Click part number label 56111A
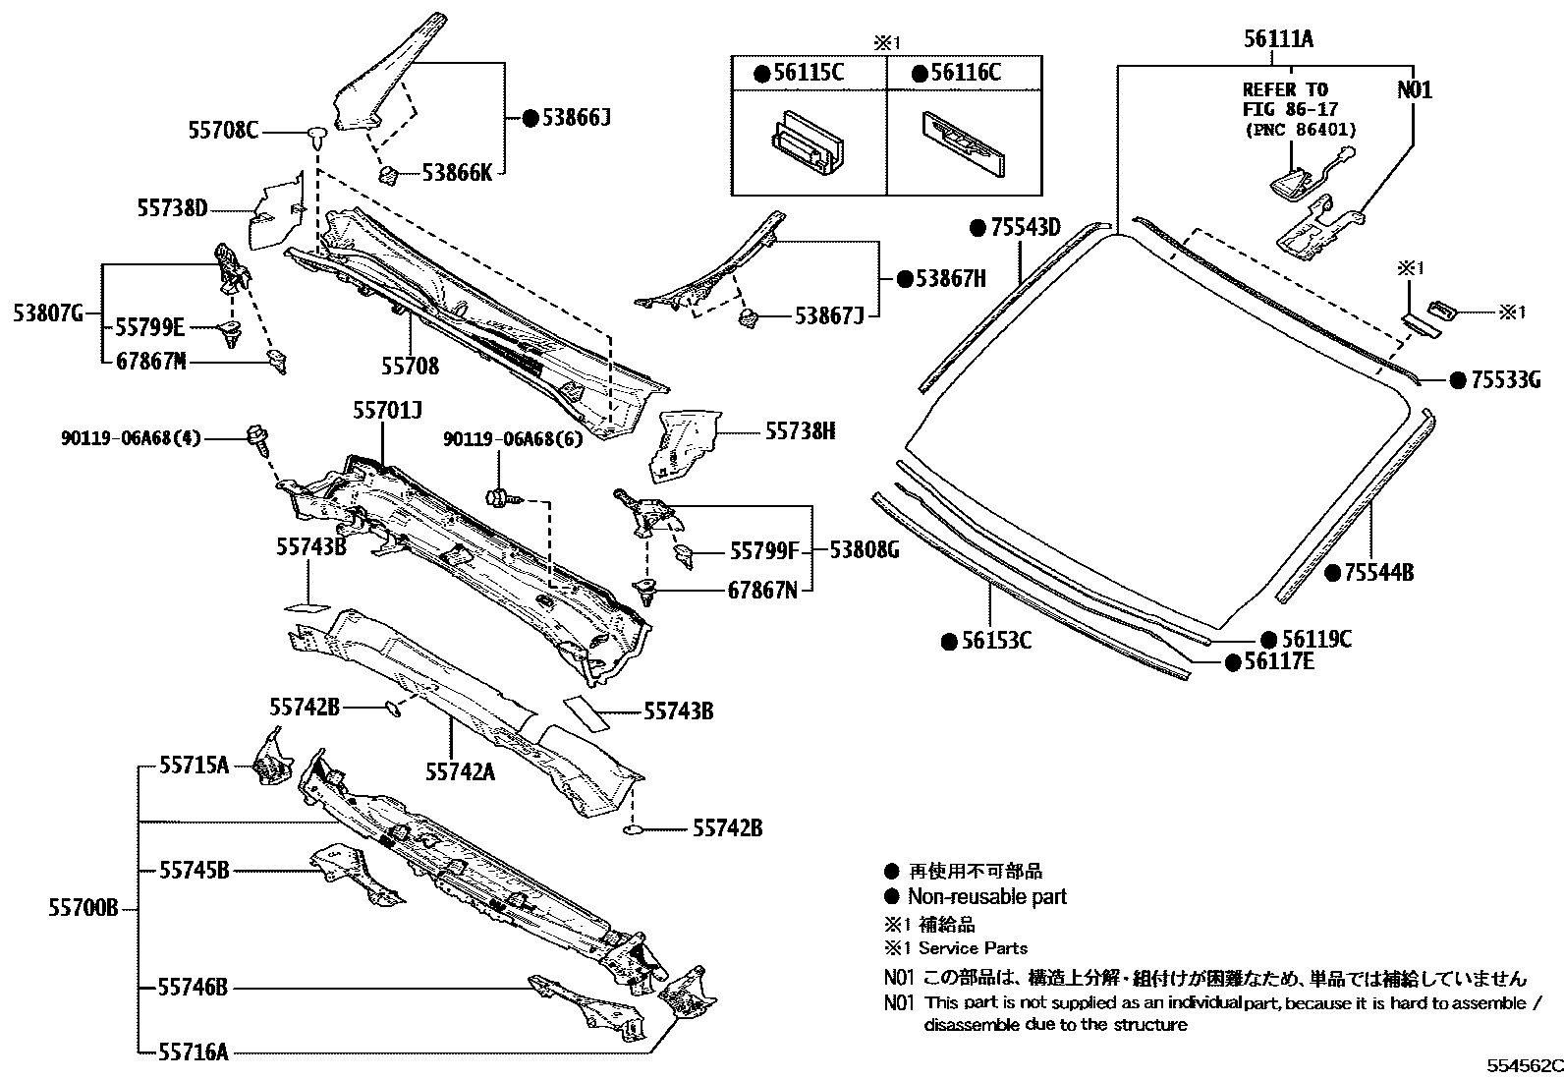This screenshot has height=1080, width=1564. [1278, 39]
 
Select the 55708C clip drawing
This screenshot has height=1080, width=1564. [316, 136]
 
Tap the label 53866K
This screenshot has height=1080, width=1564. [457, 173]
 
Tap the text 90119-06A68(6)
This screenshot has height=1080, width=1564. [513, 439]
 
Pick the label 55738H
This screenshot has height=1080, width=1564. [801, 431]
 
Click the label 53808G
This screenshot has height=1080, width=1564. [864, 550]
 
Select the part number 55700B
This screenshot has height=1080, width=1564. [84, 909]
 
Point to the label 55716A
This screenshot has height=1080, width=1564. [194, 1052]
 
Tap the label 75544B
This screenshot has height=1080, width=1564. [1378, 572]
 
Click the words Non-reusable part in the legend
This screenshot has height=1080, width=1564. [986, 896]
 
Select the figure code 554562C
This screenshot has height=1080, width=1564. [1522, 1066]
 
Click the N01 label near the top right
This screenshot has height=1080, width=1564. [1415, 90]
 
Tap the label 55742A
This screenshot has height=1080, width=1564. [460, 772]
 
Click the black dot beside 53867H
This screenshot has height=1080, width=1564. [905, 279]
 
